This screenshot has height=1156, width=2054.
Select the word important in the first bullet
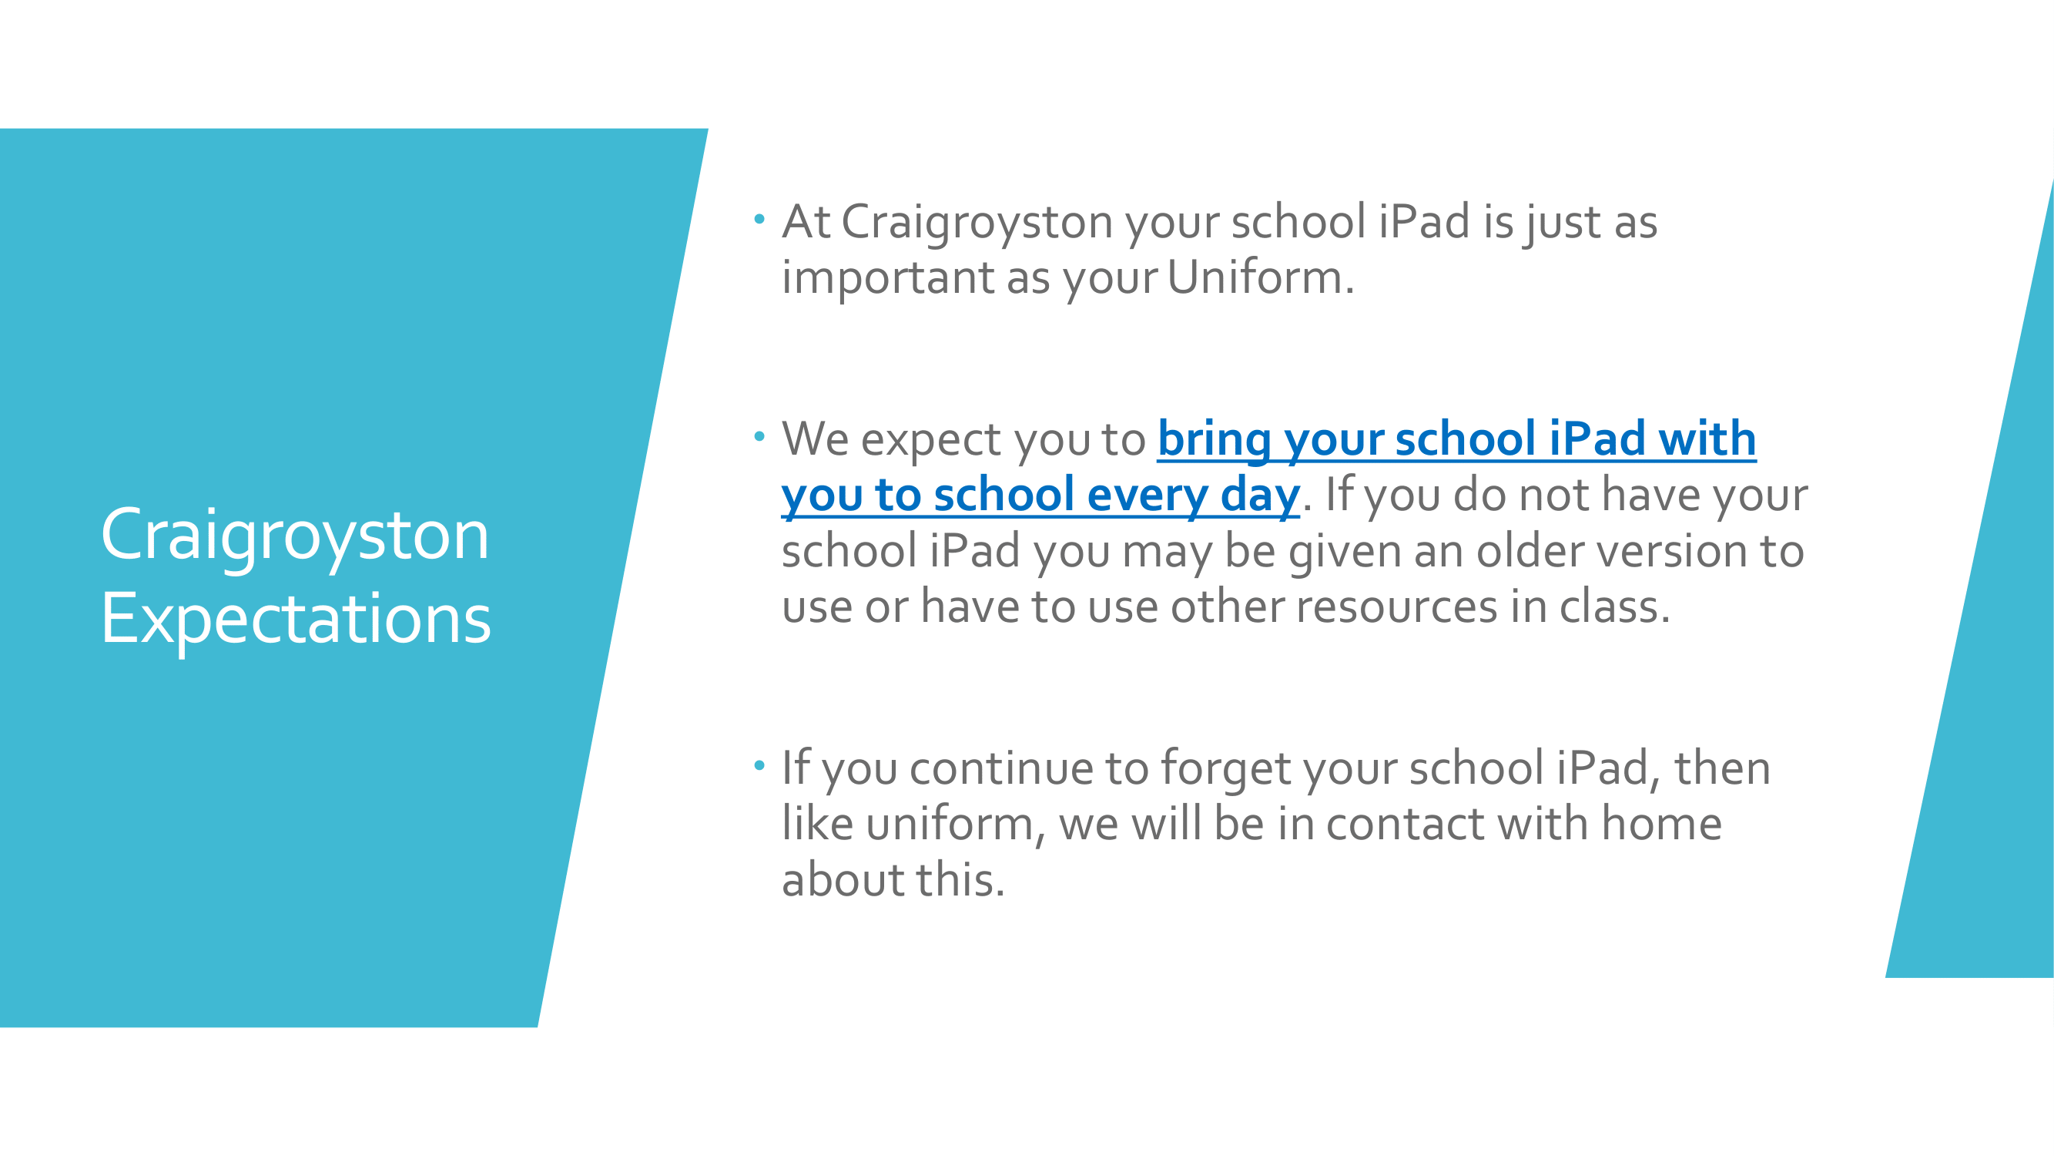pos(887,279)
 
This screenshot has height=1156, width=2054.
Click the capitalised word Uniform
pos(1261,277)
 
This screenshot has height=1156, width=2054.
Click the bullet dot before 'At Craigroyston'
pos(759,218)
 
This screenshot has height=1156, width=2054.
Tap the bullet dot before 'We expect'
pos(759,435)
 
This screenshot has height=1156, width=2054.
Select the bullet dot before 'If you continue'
pos(759,765)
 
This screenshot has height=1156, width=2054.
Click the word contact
pos(1406,825)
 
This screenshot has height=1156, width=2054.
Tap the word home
pos(1662,823)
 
